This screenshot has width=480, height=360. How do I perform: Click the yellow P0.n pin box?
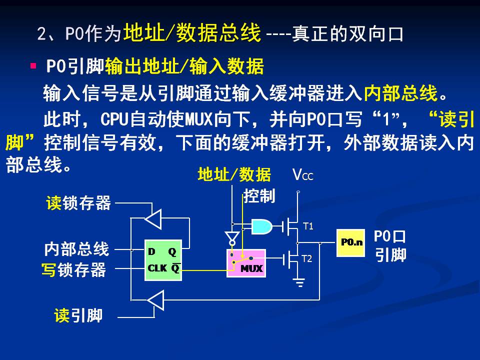point(350,242)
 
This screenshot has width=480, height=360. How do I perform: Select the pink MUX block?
point(245,263)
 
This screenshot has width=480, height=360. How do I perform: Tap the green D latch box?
point(163,260)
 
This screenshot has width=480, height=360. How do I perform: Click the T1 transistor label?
point(308,226)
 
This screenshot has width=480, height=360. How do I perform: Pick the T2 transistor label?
point(307,258)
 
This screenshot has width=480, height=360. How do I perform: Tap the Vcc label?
point(302,175)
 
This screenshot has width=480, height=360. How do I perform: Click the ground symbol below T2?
point(299,283)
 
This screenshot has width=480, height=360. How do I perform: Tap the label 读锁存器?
point(78,203)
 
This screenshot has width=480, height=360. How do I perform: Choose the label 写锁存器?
point(73,270)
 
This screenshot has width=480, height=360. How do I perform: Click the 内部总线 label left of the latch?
point(76,248)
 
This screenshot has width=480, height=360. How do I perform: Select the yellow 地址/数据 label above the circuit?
point(234,174)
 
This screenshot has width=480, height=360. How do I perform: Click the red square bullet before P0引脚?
point(33,65)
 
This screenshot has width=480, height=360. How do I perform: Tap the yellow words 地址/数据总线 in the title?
point(192,33)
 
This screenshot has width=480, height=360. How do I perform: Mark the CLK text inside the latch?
point(157,268)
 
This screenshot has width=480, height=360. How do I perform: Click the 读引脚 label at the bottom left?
point(78,315)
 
